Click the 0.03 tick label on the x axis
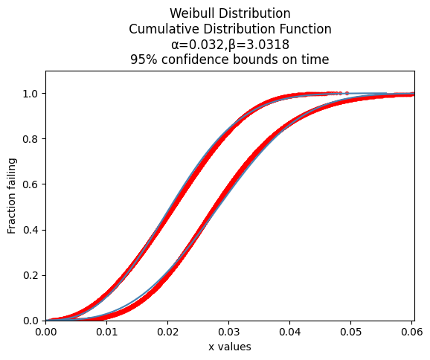[x=228, y=332]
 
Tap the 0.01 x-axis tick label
[x=106, y=332]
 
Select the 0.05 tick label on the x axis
[x=350, y=332]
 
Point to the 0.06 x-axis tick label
[x=412, y=332]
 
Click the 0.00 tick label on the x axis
[x=46, y=332]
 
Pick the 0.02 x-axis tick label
[x=168, y=332]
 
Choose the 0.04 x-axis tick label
[x=290, y=332]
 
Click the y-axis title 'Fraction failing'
[x=12, y=196]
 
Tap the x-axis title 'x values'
[x=230, y=347]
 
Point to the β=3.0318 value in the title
[x=259, y=45]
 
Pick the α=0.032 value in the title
[x=198, y=45]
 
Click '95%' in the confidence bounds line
[x=144, y=60]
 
